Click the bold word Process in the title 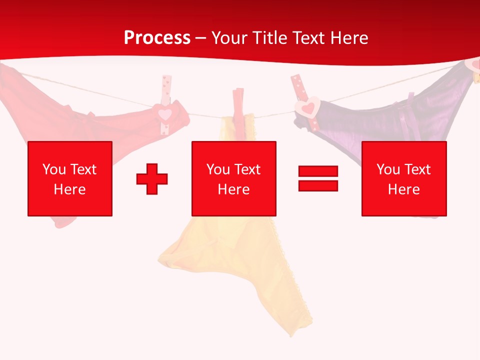[157, 38]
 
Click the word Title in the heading [268, 38]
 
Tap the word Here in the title [348, 38]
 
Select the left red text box [70, 178]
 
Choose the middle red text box [234, 178]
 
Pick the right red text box [404, 178]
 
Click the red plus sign [152, 178]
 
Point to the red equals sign [318, 178]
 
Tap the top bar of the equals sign [318, 171]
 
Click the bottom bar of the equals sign [318, 185]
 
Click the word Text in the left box [83, 169]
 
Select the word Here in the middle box [234, 189]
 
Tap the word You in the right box [388, 169]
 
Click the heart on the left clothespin [165, 113]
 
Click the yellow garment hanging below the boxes [240, 265]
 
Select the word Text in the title [308, 38]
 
